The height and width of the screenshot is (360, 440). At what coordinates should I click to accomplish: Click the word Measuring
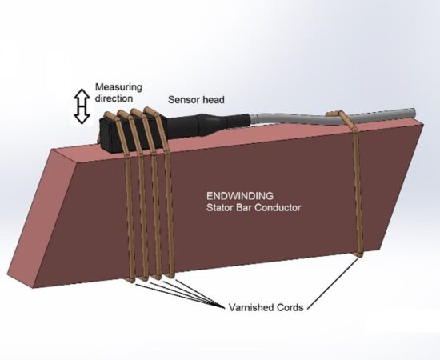point(118,88)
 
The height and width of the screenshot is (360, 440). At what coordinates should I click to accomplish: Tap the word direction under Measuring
point(114,98)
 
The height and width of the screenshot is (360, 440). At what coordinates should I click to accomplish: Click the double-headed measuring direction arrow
point(82,106)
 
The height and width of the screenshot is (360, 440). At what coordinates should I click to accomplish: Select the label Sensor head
point(196,100)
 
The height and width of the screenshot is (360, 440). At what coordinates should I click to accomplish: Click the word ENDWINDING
point(240,195)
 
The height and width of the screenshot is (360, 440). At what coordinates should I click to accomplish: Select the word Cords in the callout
point(290,307)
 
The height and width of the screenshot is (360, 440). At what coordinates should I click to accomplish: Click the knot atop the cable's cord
point(332,114)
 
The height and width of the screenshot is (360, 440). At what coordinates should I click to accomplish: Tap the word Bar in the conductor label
point(245,208)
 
